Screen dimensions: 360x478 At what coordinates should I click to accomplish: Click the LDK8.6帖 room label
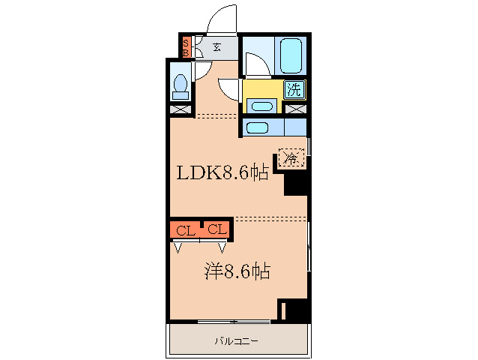coord(222,173)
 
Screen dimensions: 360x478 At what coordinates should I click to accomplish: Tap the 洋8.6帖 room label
coord(236,271)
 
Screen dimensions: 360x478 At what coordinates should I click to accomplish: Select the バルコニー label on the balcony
coord(237,341)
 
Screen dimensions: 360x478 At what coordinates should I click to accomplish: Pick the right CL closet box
coord(217,229)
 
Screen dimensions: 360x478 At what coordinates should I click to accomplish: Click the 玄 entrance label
coord(217,46)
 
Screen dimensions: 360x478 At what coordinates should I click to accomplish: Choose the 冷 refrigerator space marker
coord(291,158)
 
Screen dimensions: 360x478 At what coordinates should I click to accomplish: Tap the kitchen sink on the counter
coord(258,127)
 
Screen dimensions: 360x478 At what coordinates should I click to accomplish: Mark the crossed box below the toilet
coord(180,109)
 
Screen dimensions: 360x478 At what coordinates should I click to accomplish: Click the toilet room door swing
coord(202,70)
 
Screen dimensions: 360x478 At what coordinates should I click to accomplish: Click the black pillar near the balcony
coord(294,310)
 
